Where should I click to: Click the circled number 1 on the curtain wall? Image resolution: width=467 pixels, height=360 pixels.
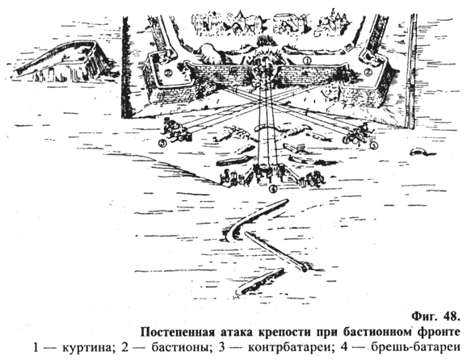coord(307,61)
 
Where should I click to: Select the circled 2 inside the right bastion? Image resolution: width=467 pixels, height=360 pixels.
coord(369,72)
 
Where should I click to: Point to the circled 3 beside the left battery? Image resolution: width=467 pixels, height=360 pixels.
coord(162,144)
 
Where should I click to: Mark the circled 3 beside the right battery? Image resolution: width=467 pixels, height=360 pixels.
coord(373,145)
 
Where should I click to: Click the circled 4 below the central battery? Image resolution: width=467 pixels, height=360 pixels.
coord(273,188)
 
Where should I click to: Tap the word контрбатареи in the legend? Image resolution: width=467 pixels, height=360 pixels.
coord(290,348)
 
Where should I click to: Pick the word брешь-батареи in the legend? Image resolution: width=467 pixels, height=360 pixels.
coord(414,347)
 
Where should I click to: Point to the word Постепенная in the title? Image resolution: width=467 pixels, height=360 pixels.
coord(178,332)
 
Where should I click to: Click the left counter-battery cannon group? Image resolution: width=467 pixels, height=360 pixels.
coord(176,130)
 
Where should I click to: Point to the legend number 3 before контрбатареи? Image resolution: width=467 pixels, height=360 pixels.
coord(221,348)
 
